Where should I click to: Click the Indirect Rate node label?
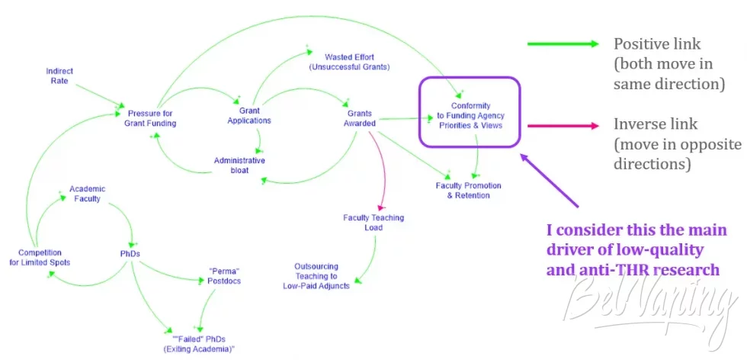(x=59, y=76)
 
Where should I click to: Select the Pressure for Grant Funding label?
(x=150, y=118)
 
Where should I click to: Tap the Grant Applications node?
(x=249, y=115)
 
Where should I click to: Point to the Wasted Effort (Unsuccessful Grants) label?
(x=349, y=62)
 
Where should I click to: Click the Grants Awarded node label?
(x=359, y=118)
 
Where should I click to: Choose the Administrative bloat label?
(x=239, y=165)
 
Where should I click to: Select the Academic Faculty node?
(x=87, y=194)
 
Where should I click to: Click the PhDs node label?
(x=130, y=254)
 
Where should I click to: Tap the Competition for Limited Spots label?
(x=40, y=258)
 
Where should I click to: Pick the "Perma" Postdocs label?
(x=224, y=276)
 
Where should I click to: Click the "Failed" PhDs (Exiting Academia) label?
(x=199, y=344)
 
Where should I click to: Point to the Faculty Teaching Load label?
(x=373, y=222)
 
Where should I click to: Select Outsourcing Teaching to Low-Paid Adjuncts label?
(x=316, y=276)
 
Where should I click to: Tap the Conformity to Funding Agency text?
(x=471, y=111)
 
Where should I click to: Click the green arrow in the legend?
(x=563, y=44)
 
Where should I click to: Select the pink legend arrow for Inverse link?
(x=563, y=126)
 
